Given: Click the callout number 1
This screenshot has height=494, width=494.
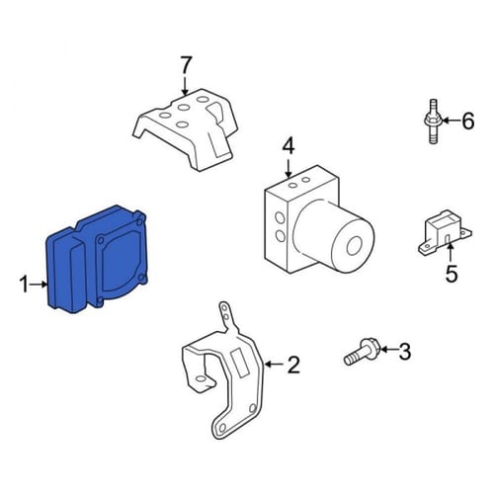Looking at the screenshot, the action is (x=24, y=285).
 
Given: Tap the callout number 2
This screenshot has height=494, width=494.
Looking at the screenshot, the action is (x=293, y=365).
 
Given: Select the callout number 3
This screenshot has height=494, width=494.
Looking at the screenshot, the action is (x=404, y=351).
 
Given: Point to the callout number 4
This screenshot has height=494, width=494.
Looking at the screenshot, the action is (x=288, y=146).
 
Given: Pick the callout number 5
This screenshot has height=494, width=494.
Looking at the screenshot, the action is (x=452, y=274).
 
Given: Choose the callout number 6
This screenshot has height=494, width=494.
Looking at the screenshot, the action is (x=467, y=121).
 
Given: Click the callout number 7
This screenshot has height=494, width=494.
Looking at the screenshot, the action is (x=186, y=65).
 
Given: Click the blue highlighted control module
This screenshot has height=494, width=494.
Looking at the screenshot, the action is (x=96, y=259).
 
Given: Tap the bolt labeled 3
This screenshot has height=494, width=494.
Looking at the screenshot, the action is (x=362, y=352).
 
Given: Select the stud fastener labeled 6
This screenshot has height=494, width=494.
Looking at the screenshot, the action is (x=433, y=122).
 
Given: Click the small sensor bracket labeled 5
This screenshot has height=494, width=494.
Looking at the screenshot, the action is (x=445, y=232).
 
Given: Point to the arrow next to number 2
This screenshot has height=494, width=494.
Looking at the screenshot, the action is (x=274, y=365).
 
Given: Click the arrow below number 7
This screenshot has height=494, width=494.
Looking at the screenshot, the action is (x=185, y=85).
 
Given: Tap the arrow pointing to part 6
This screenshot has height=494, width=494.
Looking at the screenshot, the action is (x=451, y=121).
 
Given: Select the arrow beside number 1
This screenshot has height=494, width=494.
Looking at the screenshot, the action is (x=40, y=284).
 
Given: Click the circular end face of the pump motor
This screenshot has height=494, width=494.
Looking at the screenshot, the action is (x=355, y=246).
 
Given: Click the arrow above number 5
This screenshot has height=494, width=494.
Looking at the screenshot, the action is (x=450, y=253).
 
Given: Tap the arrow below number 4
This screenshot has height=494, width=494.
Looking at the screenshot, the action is (x=288, y=168).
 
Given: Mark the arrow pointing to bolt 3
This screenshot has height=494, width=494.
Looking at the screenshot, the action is (x=388, y=349).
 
